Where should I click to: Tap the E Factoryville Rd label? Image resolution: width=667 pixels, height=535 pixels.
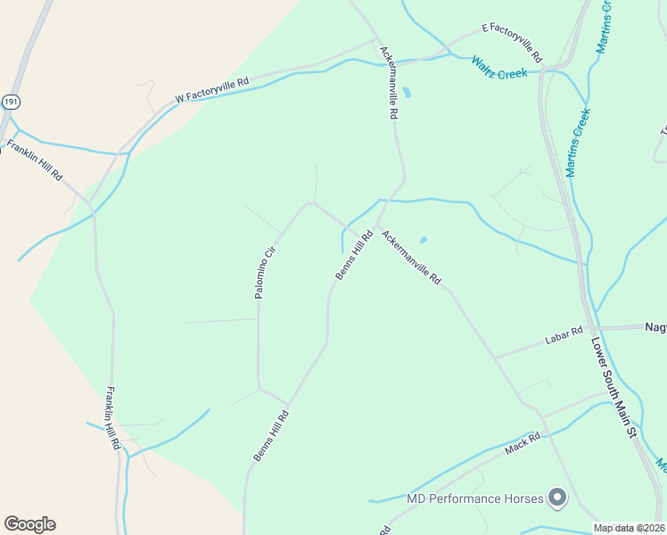tap(512, 42)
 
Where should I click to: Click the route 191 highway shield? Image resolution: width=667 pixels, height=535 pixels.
tap(10, 102)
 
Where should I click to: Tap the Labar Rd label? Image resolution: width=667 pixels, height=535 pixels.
tap(564, 335)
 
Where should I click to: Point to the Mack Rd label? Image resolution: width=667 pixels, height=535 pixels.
tap(523, 442)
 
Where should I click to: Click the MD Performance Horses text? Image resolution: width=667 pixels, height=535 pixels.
tap(474, 498)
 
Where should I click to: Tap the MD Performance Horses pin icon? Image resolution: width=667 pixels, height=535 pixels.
tap(558, 498)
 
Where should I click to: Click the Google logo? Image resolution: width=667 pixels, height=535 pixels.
tap(29, 524)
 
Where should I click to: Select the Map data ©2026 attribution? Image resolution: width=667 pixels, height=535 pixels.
tap(628, 528)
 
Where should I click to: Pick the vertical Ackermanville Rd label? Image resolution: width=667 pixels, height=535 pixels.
tap(387, 83)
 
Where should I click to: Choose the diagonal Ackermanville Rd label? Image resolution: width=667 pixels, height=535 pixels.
tap(411, 257)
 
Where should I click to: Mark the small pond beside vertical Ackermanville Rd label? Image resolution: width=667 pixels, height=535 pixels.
tap(407, 92)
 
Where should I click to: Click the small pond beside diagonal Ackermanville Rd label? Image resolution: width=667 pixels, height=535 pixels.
tap(423, 239)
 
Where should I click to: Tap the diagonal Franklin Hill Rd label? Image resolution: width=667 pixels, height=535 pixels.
tap(35, 160)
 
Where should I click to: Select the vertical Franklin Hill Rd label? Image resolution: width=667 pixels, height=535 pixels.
tap(112, 416)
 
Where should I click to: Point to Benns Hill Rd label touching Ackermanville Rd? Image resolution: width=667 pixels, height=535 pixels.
tap(354, 256)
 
